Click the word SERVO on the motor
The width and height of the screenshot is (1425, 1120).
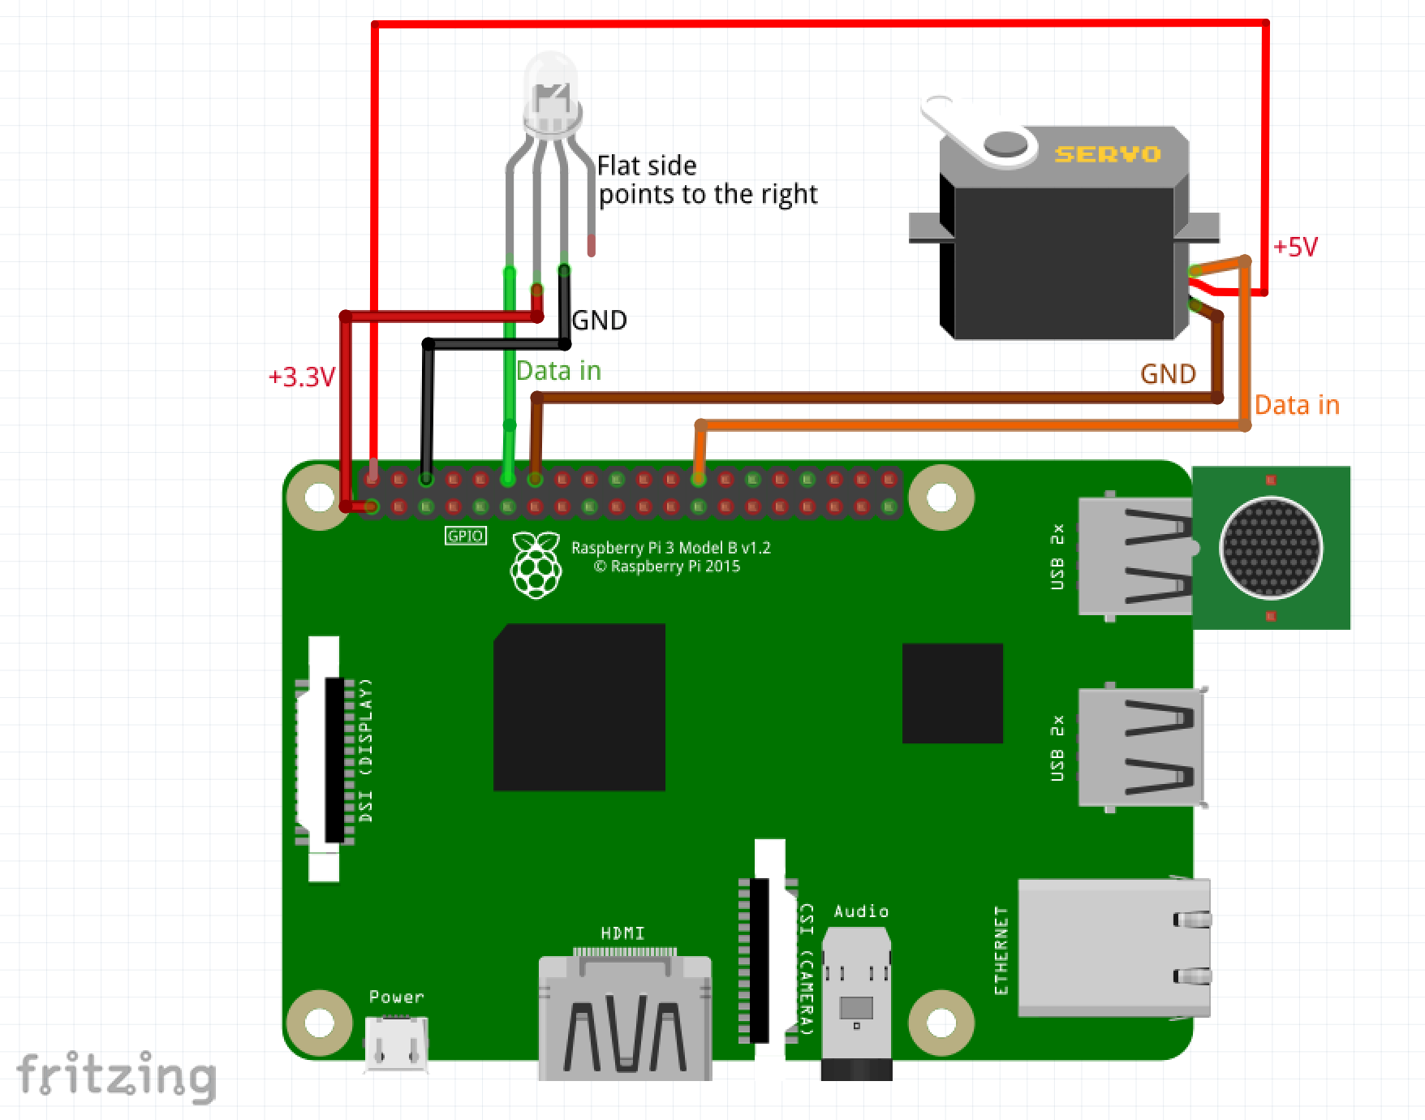[x=1107, y=154]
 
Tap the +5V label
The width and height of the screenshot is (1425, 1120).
[x=1295, y=247]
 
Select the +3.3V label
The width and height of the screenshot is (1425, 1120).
[x=301, y=377]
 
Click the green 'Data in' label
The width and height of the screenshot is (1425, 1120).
[x=558, y=371]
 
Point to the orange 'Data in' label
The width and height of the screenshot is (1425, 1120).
[x=1296, y=405]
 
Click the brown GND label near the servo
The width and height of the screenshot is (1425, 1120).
[x=1168, y=374]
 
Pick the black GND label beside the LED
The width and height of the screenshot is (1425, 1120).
[x=600, y=321]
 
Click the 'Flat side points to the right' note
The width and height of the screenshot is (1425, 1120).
[x=706, y=180]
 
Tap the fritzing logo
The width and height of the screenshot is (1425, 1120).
[x=116, y=1076]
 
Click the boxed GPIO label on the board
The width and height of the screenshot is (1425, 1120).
[x=466, y=536]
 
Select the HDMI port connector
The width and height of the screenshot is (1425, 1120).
[x=625, y=1019]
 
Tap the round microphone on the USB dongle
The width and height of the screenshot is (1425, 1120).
[x=1271, y=548]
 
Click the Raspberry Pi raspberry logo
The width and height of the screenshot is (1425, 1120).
[x=536, y=565]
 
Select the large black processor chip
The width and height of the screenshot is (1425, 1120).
[x=579, y=707]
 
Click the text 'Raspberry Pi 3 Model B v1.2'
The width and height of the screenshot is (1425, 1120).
[x=670, y=548]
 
